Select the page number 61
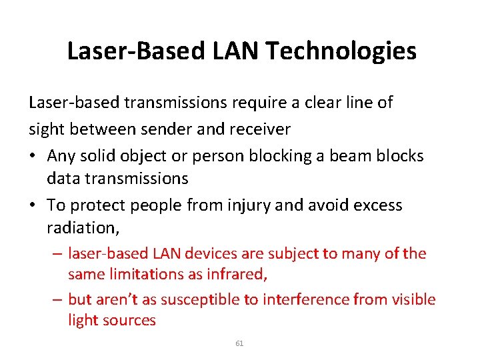coord(240,343)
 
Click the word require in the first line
coord(273,103)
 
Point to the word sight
coord(46,129)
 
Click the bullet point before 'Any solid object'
coord(33,156)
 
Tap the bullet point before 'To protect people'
coord(33,205)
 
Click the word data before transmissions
coord(61,179)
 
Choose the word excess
coord(375,205)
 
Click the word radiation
coord(82,228)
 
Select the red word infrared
coord(244,274)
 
